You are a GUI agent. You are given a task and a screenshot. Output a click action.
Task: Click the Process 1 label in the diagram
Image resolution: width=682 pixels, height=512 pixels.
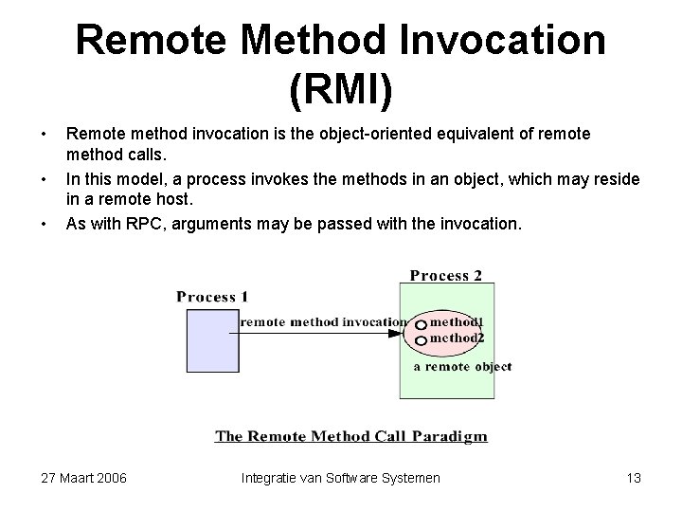(x=212, y=297)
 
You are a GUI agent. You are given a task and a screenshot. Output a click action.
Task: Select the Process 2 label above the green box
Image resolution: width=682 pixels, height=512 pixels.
(x=445, y=276)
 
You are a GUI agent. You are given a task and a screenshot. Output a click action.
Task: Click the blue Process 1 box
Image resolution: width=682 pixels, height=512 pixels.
(x=213, y=340)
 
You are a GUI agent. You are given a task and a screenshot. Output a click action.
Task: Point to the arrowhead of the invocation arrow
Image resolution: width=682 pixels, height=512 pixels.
(x=396, y=334)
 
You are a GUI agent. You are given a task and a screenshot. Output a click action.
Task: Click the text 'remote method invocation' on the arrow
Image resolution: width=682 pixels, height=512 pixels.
(x=323, y=321)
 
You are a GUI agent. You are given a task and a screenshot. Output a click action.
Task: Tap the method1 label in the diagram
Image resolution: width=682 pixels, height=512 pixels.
(x=457, y=322)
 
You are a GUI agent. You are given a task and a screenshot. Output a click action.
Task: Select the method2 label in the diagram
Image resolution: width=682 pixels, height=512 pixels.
(x=457, y=337)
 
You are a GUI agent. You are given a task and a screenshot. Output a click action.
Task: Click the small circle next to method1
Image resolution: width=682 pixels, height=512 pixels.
(x=421, y=323)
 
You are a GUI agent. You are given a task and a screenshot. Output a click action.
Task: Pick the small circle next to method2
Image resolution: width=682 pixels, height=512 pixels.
(x=421, y=338)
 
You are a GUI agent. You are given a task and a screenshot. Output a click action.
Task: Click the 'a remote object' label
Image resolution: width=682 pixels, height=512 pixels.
(x=462, y=366)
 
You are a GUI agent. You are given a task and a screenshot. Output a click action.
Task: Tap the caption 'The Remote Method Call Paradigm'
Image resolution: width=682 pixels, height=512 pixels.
(x=351, y=436)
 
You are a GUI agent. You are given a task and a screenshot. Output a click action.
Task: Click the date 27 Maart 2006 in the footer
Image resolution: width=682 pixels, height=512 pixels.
(x=84, y=478)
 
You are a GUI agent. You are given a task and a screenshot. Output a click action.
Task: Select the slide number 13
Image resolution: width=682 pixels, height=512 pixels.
(x=634, y=478)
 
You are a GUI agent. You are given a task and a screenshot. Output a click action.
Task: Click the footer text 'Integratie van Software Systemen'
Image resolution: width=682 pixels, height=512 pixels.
(x=340, y=478)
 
